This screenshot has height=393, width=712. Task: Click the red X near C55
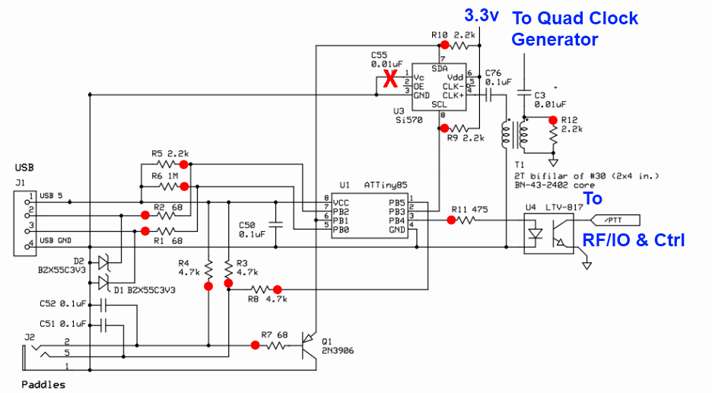pos(390,79)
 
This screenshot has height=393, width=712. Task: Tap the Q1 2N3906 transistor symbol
pos(308,344)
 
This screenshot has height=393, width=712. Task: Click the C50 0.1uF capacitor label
pos(251,230)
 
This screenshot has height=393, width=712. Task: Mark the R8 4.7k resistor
pos(257,289)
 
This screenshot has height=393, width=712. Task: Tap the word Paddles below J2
pos(43,384)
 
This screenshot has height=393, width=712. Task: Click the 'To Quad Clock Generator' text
pos(574,28)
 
